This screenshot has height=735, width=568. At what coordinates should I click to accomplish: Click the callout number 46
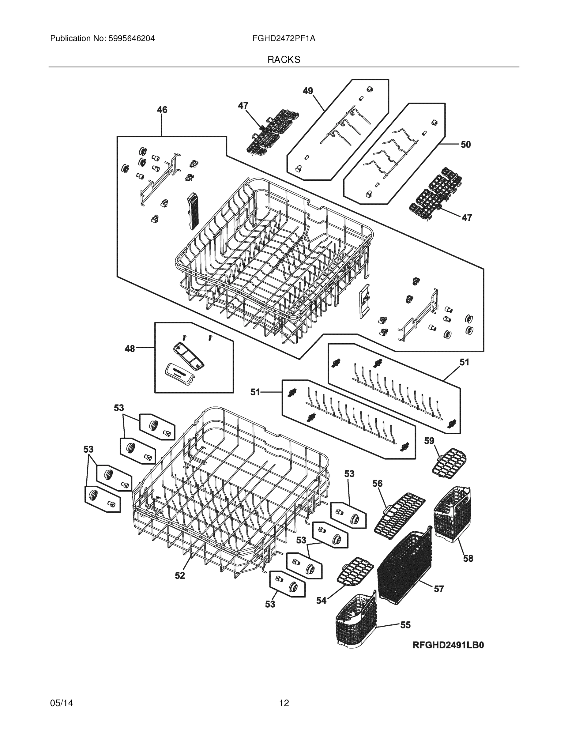click(162, 110)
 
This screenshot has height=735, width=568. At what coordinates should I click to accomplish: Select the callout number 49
click(307, 91)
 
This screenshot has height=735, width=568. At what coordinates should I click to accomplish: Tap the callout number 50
click(465, 145)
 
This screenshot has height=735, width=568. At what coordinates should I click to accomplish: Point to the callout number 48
click(130, 349)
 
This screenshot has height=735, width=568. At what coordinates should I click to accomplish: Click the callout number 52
click(180, 575)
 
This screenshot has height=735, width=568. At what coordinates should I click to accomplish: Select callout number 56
click(377, 484)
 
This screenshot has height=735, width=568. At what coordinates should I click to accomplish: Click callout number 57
click(438, 589)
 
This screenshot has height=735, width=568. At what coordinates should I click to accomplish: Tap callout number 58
click(468, 558)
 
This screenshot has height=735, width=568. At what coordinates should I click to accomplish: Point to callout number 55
click(405, 625)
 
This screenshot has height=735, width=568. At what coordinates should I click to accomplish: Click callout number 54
click(321, 600)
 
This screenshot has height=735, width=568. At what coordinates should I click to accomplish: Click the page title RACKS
click(284, 60)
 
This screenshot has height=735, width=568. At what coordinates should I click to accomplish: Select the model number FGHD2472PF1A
click(284, 39)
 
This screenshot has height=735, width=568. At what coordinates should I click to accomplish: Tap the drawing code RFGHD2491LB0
click(448, 645)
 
